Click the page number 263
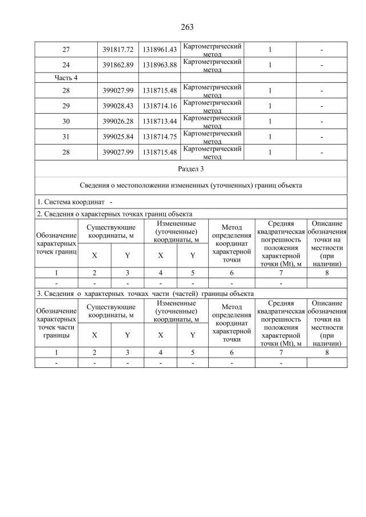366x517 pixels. click(187, 27)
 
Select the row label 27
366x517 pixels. click(66, 50)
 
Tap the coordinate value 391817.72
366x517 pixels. click(117, 50)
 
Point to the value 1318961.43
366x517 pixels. click(159, 50)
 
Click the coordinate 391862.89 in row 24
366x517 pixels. click(117, 65)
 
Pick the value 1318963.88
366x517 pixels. click(159, 65)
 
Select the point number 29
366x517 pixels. click(66, 106)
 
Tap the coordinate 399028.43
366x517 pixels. click(117, 106)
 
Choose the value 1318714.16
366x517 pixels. click(159, 106)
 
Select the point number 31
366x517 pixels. click(66, 137)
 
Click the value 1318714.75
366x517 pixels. click(159, 137)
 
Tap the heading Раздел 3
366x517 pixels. click(190, 169)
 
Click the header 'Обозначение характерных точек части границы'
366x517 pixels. click(56, 323)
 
